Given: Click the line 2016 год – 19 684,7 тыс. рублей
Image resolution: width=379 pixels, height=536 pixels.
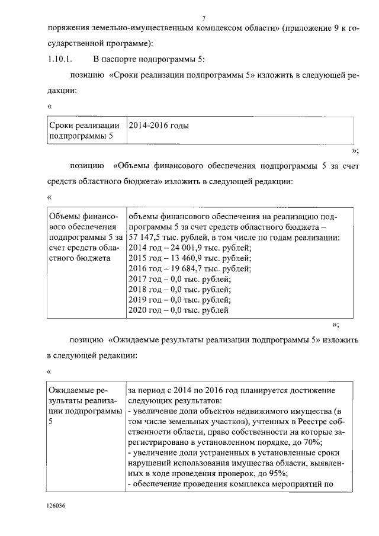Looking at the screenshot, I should (x=189, y=268).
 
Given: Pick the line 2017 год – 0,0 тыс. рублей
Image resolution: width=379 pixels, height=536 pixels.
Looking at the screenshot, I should (x=179, y=279).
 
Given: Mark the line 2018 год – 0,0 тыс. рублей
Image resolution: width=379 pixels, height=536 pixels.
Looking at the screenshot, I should (x=179, y=289).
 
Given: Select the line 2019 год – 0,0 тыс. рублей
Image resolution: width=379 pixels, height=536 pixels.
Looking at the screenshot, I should (x=179, y=300).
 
